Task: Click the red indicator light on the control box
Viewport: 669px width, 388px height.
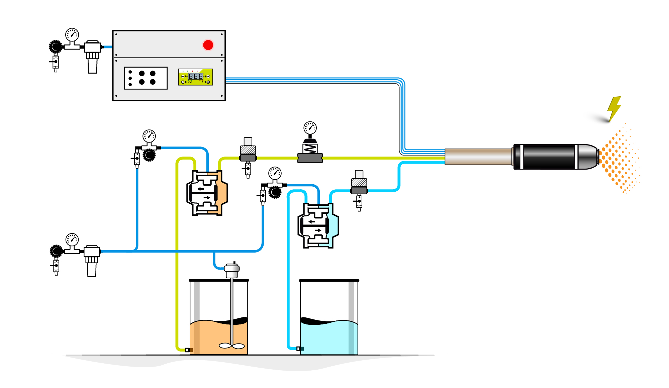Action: pyautogui.click(x=208, y=45)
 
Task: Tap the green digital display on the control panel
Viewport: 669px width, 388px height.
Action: pyautogui.click(x=195, y=77)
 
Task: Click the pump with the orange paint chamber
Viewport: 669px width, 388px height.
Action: pyautogui.click(x=207, y=193)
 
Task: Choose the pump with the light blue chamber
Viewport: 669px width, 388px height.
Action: pyautogui.click(x=318, y=226)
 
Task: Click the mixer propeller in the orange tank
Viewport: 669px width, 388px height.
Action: pyautogui.click(x=232, y=346)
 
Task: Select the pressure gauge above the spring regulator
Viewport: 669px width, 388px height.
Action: pyautogui.click(x=310, y=128)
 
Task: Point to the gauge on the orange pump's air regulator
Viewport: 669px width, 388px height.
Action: pyautogui.click(x=149, y=136)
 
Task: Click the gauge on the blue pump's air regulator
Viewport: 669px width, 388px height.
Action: pyautogui.click(x=275, y=173)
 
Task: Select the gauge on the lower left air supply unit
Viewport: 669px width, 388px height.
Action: pyautogui.click(x=72, y=239)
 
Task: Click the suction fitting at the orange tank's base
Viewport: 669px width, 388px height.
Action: pyautogui.click(x=188, y=350)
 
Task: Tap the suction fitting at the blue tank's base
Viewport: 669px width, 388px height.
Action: pyautogui.click(x=299, y=349)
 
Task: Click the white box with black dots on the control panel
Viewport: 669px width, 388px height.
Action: pyautogui.click(x=146, y=78)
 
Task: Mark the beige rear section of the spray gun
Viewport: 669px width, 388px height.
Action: pyautogui.click(x=478, y=157)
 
